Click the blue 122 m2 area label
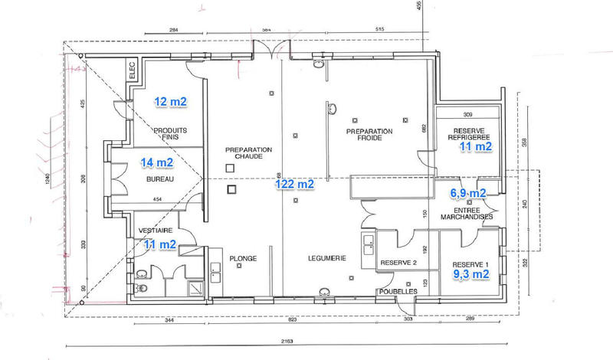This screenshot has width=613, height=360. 295,185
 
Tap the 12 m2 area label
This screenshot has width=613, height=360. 170,101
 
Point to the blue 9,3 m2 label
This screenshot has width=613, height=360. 469,272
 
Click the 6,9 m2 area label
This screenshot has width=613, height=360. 467,193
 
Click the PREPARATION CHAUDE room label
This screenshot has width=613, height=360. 244,152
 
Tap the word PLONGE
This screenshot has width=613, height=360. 243,259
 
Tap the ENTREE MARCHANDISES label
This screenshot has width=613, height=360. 467,212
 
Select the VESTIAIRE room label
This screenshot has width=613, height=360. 154,230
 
